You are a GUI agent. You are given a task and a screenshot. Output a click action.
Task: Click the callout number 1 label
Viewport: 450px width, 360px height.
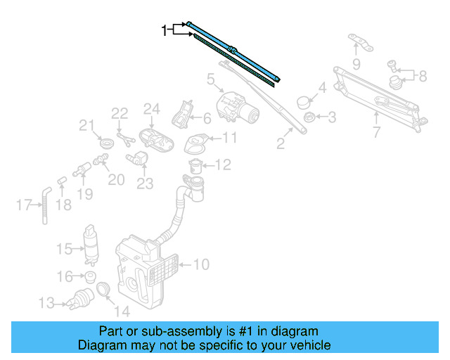pyautogui.click(x=165, y=30)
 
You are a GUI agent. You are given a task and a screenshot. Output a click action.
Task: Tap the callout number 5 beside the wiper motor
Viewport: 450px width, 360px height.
pyautogui.click(x=210, y=80)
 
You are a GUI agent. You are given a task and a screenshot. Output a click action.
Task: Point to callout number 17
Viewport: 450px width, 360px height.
pyautogui.click(x=23, y=205)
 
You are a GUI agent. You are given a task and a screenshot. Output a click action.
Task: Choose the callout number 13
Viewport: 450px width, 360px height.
pyautogui.click(x=46, y=304)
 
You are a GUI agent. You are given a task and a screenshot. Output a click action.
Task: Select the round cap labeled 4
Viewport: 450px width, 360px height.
pyautogui.click(x=304, y=101)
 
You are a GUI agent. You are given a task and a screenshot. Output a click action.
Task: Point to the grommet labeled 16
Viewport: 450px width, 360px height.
pyautogui.click(x=90, y=276)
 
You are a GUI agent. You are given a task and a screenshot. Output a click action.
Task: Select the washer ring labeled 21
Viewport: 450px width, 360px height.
pyautogui.click(x=106, y=143)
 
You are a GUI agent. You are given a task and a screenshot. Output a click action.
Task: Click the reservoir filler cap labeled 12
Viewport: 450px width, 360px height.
pyautogui.click(x=196, y=166)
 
